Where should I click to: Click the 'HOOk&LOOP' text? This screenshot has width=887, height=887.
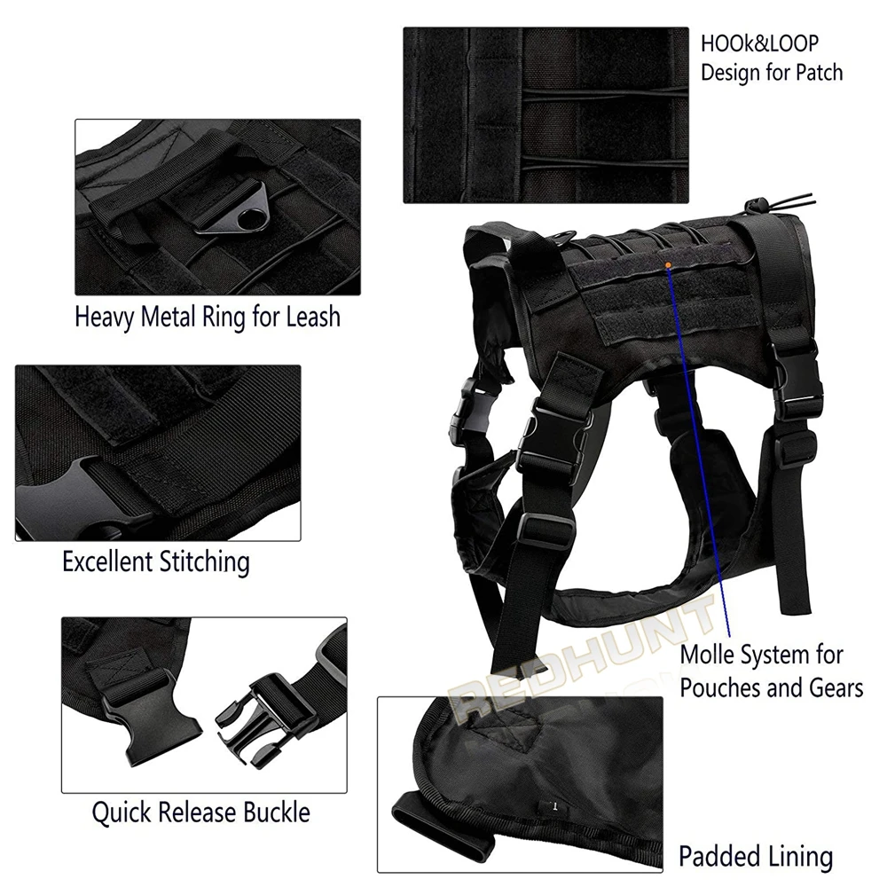(x=759, y=43)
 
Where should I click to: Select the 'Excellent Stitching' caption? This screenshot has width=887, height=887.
(x=155, y=561)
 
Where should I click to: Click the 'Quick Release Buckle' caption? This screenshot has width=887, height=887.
(x=201, y=812)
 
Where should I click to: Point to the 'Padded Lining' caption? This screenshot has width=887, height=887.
(x=756, y=857)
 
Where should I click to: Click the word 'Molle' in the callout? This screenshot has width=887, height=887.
(x=708, y=657)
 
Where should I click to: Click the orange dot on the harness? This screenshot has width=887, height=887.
(x=667, y=264)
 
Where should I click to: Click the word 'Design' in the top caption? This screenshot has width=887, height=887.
(x=731, y=73)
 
